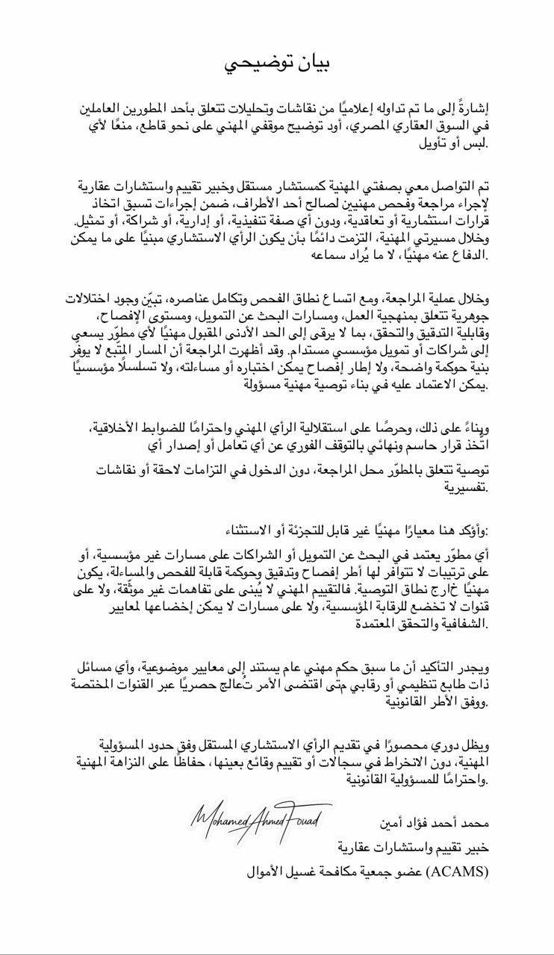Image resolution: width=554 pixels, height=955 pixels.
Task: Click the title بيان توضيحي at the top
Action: [x=277, y=64]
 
